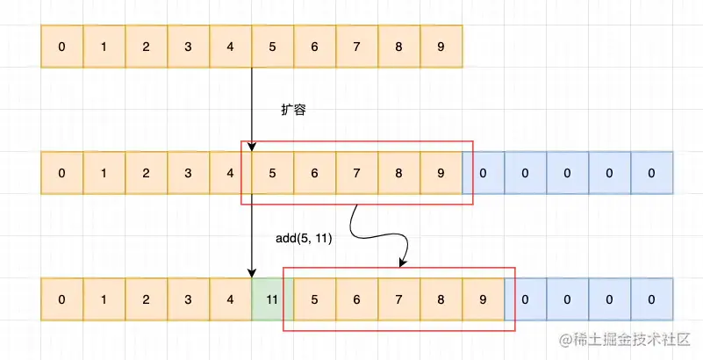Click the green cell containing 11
point(272,299)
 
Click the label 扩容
point(293,111)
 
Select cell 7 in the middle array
point(356,173)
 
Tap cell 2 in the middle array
point(146,173)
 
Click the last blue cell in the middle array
point(651,173)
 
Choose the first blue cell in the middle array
point(483,173)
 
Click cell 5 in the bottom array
point(314,299)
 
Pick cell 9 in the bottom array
point(483,299)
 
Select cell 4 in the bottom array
point(230,299)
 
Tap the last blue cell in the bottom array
point(651,299)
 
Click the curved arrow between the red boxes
point(377,234)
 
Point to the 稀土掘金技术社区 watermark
point(624,339)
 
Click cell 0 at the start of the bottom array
point(61,299)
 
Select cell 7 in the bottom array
point(398,299)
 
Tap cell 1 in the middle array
point(104,173)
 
